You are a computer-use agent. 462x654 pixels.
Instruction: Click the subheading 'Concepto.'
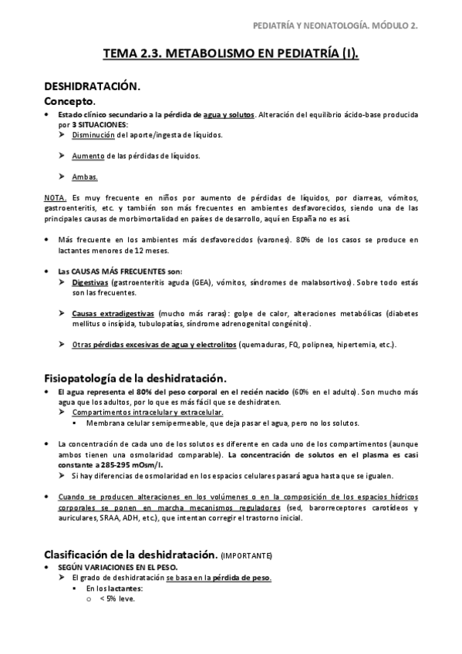click(x=69, y=101)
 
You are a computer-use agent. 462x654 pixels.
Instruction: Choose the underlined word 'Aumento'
click(x=87, y=156)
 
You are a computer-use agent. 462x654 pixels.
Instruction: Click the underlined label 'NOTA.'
click(x=55, y=197)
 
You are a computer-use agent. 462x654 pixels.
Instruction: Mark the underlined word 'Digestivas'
click(x=90, y=283)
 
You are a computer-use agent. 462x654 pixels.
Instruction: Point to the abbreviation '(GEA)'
click(x=204, y=283)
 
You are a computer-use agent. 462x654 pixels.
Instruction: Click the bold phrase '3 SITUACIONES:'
click(x=100, y=124)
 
